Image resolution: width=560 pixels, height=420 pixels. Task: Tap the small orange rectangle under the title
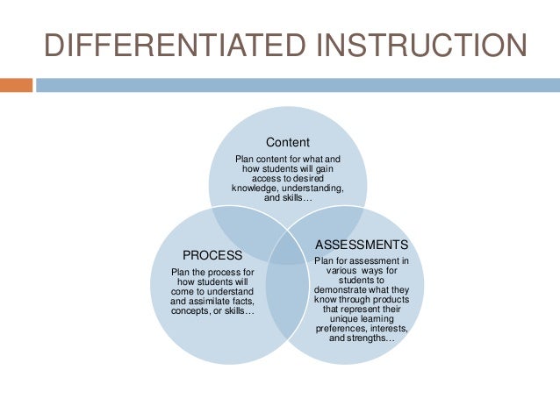click(x=16, y=85)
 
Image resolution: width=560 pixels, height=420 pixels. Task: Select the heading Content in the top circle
click(x=288, y=141)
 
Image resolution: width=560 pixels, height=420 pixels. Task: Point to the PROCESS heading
click(x=212, y=255)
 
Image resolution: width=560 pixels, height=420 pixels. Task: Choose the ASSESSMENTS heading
click(x=362, y=244)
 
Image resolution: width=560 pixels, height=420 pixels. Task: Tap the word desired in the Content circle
click(x=309, y=178)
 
